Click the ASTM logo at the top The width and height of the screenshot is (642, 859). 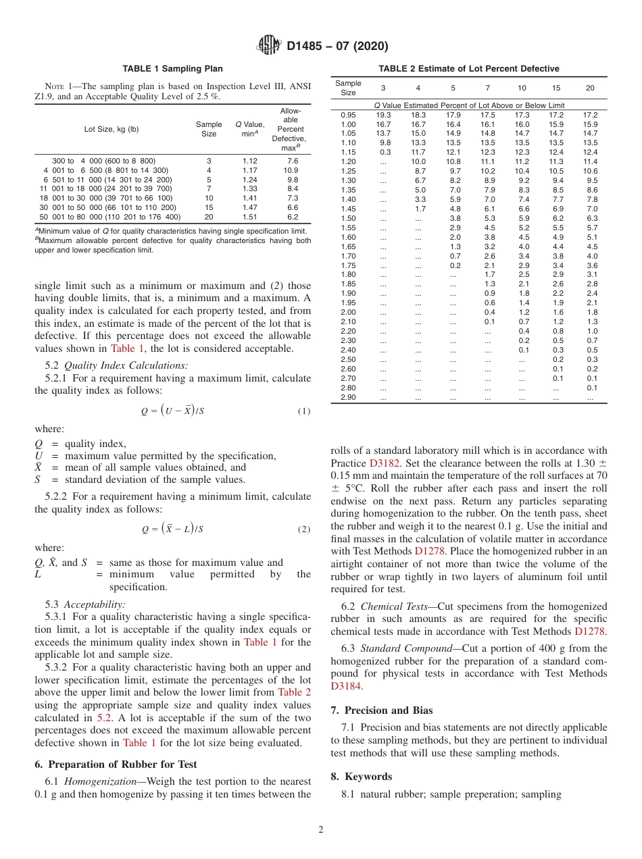[270, 46]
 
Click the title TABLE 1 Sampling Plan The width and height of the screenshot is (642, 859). [172, 69]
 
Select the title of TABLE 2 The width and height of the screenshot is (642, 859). [468, 69]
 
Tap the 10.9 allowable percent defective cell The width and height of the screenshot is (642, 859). [292, 170]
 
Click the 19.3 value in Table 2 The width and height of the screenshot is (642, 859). [383, 115]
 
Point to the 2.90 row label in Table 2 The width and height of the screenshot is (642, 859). [348, 397]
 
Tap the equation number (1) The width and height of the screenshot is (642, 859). [304, 411]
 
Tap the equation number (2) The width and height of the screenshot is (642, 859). [304, 529]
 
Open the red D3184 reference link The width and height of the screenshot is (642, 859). [346, 686]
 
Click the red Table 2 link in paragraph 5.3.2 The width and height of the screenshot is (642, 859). [295, 692]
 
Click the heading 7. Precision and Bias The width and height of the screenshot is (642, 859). [382, 710]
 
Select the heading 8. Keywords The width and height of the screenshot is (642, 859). [361, 777]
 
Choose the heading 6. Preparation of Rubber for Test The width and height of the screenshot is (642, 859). [116, 764]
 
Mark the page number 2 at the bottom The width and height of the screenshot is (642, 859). [320, 830]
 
